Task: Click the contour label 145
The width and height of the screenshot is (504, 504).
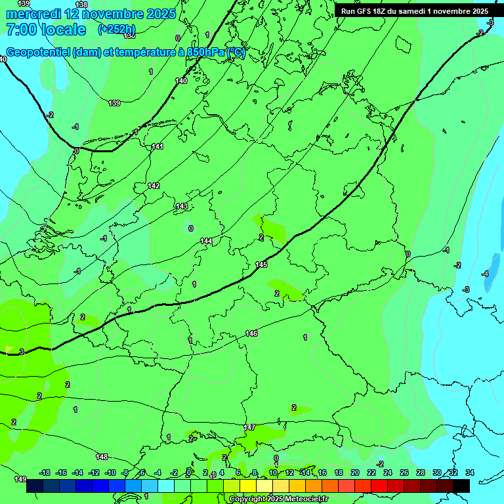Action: click(x=261, y=264)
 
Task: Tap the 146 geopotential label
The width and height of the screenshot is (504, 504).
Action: click(x=251, y=334)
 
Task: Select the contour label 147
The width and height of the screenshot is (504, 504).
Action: click(x=249, y=427)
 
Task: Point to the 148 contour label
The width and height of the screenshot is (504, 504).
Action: click(x=101, y=457)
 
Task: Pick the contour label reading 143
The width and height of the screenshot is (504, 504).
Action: click(x=182, y=207)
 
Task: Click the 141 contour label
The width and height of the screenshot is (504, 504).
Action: click(x=157, y=147)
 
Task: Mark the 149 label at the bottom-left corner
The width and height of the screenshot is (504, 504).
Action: click(x=20, y=479)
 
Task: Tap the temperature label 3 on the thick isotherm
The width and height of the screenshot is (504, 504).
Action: click(x=22, y=352)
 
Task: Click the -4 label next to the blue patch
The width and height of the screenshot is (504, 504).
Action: click(x=485, y=274)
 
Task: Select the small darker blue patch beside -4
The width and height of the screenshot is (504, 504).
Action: click(x=490, y=282)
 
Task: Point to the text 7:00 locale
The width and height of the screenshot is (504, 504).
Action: click(x=46, y=30)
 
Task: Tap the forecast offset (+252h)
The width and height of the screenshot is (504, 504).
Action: click(x=117, y=30)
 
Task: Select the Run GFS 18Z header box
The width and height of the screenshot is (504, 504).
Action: click(x=414, y=11)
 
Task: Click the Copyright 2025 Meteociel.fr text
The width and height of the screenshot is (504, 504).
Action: click(x=278, y=499)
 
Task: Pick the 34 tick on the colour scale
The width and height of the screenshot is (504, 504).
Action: click(x=469, y=472)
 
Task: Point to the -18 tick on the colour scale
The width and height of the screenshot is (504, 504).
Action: click(x=45, y=472)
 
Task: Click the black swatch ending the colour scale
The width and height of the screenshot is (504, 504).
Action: click(x=461, y=486)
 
